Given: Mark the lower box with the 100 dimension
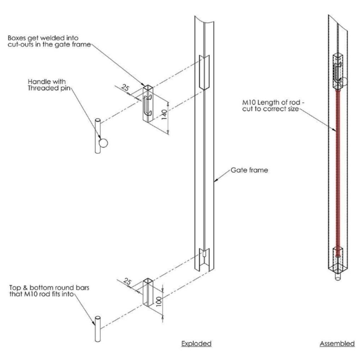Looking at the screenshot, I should point(149,292).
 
